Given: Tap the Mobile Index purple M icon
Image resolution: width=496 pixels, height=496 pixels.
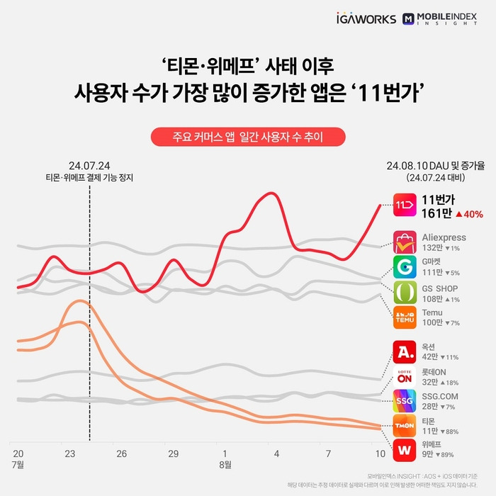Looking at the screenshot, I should [409, 19].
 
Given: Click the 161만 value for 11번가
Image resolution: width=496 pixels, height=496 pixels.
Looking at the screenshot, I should [436, 213].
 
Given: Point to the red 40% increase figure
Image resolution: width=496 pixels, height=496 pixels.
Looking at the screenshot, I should [469, 213].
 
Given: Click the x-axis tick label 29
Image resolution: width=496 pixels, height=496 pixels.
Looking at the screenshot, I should [173, 453].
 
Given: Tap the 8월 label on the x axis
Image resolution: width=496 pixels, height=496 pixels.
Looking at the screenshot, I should [225, 465].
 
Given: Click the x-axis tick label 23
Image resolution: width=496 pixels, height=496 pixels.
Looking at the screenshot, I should [69, 453].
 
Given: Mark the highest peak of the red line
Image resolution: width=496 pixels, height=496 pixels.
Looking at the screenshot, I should [269, 193].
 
